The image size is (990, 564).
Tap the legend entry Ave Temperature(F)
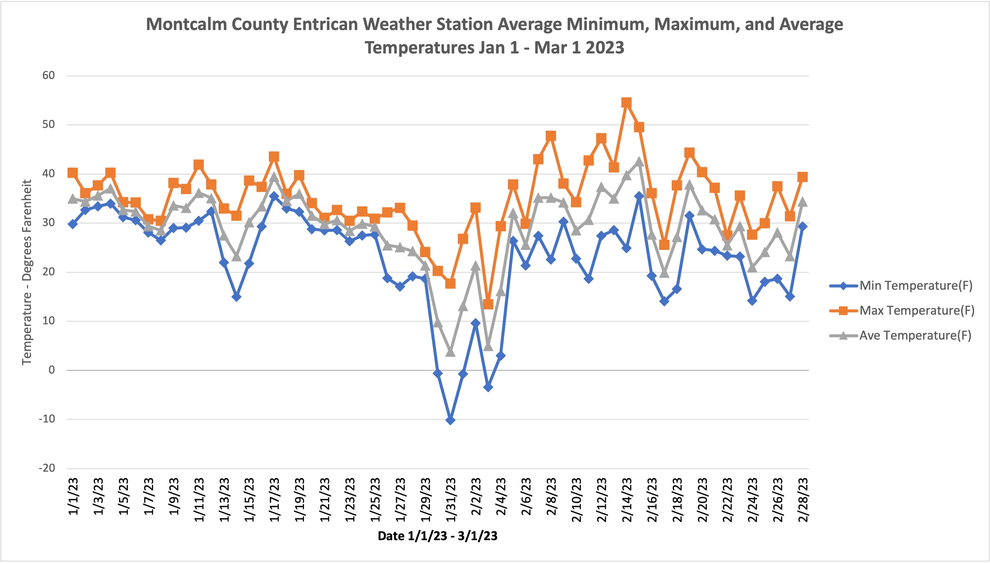coord(915,336)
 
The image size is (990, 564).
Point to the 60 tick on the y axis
coord(49,76)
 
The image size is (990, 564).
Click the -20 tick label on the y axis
coord(47,468)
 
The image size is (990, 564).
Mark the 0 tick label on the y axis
coord(52,370)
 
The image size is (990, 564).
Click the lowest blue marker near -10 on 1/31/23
coord(450,420)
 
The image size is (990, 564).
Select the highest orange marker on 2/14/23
coord(626,103)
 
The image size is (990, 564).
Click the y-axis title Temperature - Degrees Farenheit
coord(27,272)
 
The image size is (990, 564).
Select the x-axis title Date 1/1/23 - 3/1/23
coord(437,536)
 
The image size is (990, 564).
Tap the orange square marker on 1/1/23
coord(72,173)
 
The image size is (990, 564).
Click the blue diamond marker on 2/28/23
coord(802,227)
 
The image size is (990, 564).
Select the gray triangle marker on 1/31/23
coord(450,352)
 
